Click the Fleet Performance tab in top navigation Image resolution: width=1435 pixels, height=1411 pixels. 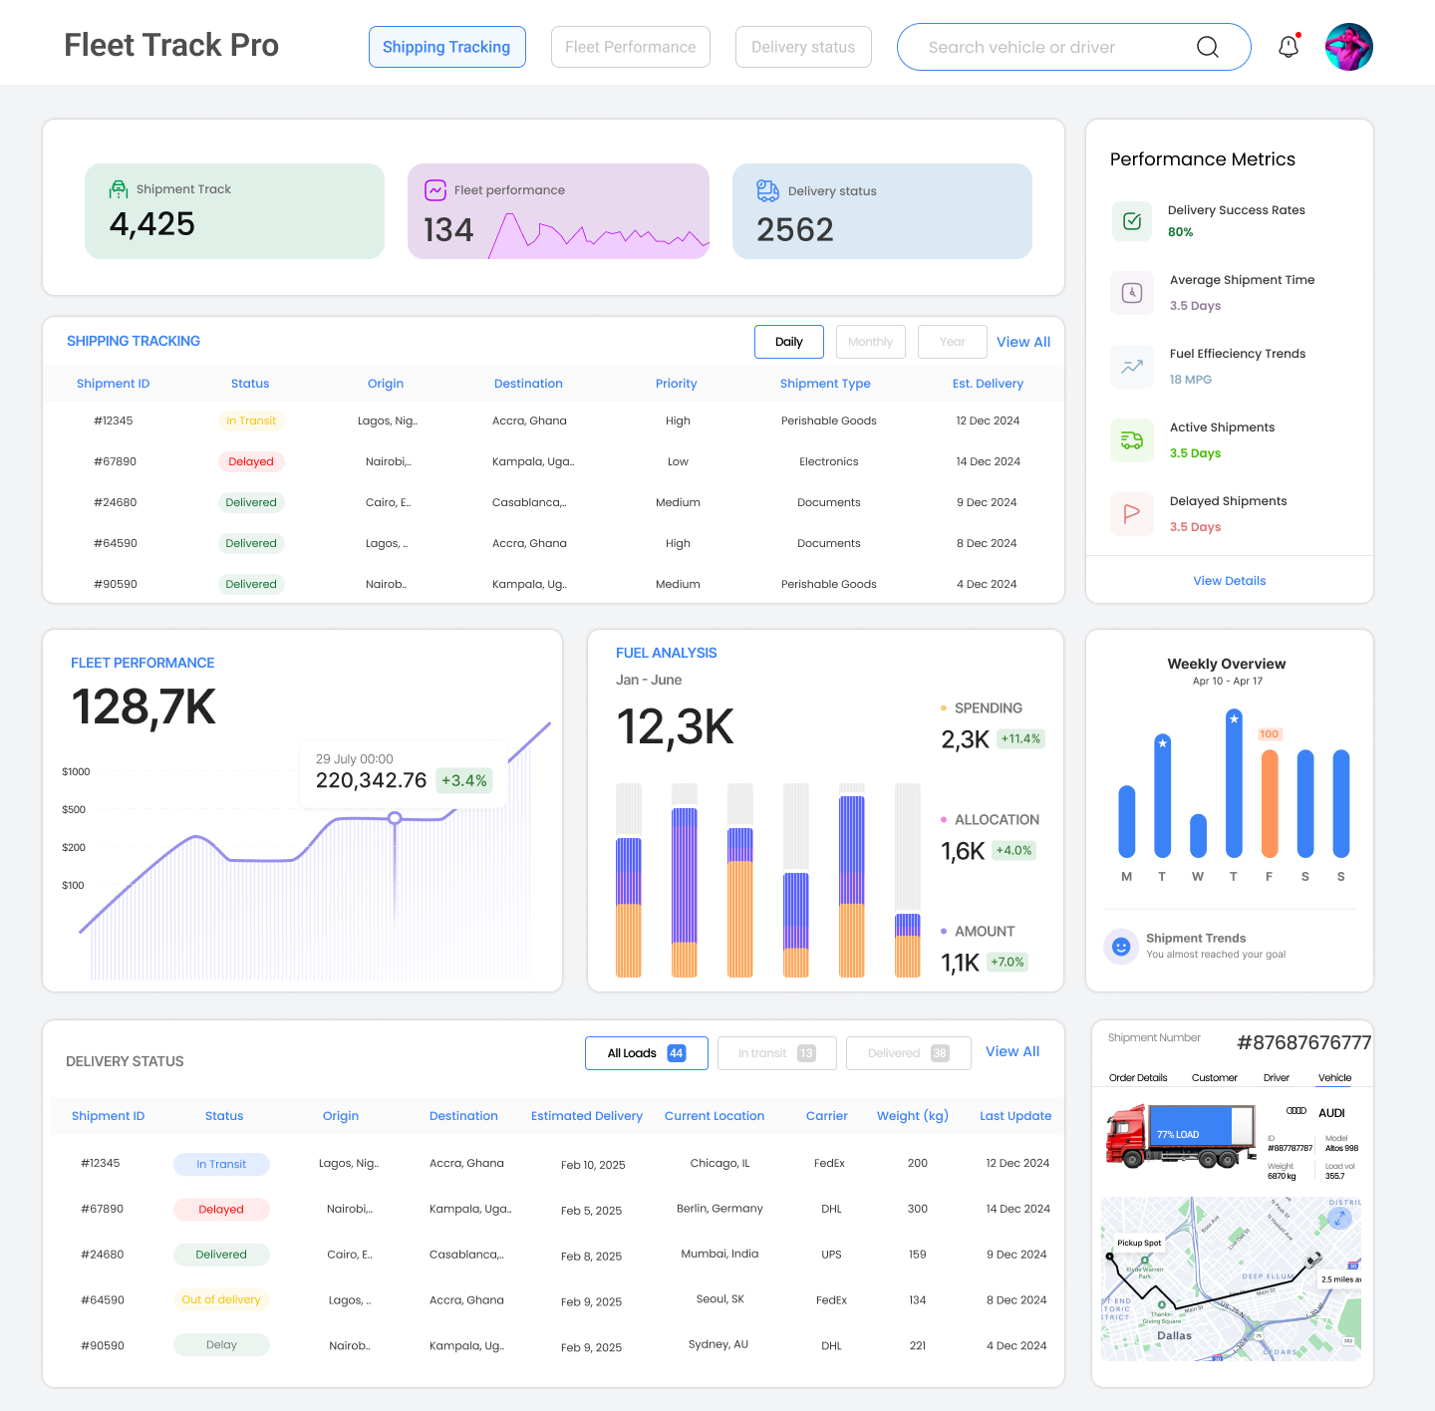pos(630,47)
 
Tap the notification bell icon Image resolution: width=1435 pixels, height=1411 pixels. pos(1288,47)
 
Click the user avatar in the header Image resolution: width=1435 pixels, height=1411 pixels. pos(1348,47)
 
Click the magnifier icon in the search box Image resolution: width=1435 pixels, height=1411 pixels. pos(1207,47)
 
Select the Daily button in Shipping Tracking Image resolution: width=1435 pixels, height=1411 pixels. pos(788,342)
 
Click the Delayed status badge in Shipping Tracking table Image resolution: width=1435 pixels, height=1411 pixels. pos(250,461)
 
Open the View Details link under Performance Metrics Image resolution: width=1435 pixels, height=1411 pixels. pos(1229,581)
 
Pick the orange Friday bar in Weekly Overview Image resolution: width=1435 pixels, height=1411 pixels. pos(1269,803)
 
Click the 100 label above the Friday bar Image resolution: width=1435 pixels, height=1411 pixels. pos(1269,734)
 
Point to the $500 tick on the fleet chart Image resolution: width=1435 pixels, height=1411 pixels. pos(74,809)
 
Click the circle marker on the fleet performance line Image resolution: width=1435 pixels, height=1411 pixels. pos(395,818)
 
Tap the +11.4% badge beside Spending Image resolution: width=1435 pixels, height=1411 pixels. pos(1020,738)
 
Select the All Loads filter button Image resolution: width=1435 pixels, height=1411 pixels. pos(646,1053)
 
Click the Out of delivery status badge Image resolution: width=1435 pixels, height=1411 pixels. pos(221,1299)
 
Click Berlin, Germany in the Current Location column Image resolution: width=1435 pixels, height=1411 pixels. pos(719,1209)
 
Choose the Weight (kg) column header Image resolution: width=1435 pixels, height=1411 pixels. pos(912,1116)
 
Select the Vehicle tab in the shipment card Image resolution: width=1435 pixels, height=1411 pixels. pos(1334,1078)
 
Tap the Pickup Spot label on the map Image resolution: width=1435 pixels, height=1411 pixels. pos(1138,1243)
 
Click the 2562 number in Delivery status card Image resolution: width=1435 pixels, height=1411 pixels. pos(794,230)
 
